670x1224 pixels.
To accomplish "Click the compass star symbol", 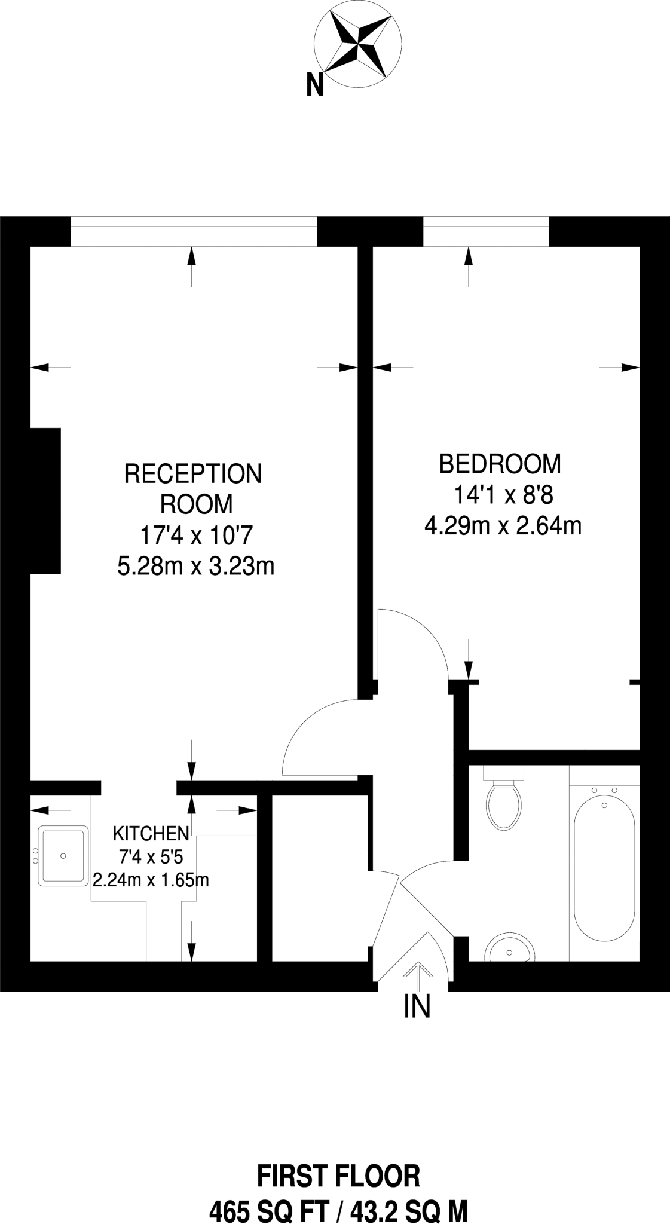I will click(x=358, y=42).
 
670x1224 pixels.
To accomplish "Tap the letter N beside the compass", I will click(x=315, y=84).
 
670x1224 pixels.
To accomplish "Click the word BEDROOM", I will click(x=500, y=464).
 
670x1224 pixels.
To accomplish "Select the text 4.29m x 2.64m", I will click(x=503, y=526).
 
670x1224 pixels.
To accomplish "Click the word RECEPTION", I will click(x=192, y=474).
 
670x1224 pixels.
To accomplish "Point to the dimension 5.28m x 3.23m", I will click(x=195, y=566).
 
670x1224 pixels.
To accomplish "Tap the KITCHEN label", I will click(x=151, y=833).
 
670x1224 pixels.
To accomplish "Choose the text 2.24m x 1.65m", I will click(x=151, y=880).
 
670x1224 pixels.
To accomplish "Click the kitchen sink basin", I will click(x=63, y=856).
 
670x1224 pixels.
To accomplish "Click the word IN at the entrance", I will click(x=417, y=1006).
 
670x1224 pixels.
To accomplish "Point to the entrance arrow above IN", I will click(x=417, y=974).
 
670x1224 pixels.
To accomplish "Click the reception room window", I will click(x=194, y=231).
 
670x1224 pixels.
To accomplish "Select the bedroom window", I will click(x=485, y=231).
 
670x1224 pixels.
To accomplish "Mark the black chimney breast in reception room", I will click(x=45, y=501).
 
